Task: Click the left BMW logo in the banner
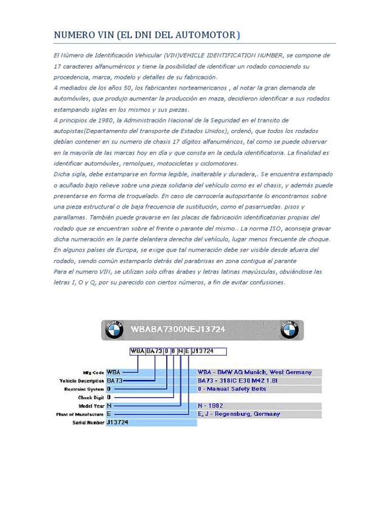tap(114, 330)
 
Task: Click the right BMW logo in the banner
tap(290, 330)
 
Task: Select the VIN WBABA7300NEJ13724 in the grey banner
tap(178, 329)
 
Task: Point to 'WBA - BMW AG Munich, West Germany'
tap(255, 372)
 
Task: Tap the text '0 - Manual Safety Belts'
tap(232, 389)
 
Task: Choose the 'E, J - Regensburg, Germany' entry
tap(239, 414)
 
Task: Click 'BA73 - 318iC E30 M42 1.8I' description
tap(238, 380)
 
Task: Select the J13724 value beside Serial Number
tap(118, 422)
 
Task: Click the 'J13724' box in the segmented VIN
tap(208, 351)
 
